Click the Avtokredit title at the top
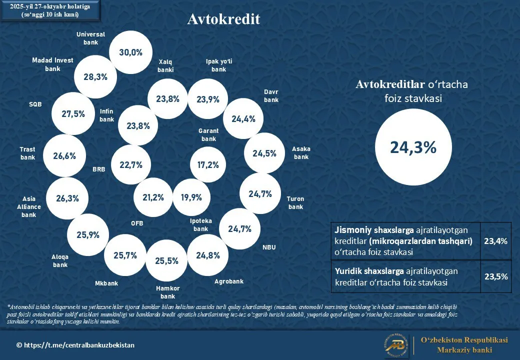coord(223,19)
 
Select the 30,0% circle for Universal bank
coord(130,52)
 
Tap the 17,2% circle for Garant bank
coord(208,164)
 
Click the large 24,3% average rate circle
coord(413,147)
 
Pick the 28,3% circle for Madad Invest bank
coord(95,76)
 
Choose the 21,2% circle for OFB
coord(153,197)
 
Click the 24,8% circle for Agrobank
coord(208,255)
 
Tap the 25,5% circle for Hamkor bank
coord(166,260)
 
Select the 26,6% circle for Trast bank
coord(64,155)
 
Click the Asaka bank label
coord(301,153)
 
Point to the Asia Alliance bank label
coord(29,207)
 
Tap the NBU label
coord(269,247)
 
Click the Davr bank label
coord(271,96)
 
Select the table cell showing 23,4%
coord(495,241)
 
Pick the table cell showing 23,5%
coord(495,276)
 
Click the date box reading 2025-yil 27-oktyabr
coord(50,10)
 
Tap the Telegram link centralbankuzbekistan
coord(75,345)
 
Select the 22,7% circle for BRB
coord(131,164)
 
